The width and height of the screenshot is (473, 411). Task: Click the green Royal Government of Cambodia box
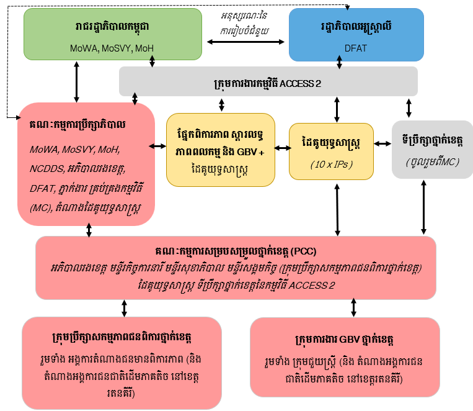tap(112, 34)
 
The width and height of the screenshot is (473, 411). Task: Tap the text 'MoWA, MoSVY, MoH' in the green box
tap(112, 48)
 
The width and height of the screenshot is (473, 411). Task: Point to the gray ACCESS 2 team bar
tap(268, 81)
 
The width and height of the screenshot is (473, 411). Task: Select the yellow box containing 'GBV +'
tap(221, 149)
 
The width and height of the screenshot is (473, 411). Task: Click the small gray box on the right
tap(432, 149)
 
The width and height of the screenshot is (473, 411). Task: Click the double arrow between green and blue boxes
tap(244, 42)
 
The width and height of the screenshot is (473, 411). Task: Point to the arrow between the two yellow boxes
tap(282, 147)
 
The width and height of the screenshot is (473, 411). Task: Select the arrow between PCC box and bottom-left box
tap(125, 307)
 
